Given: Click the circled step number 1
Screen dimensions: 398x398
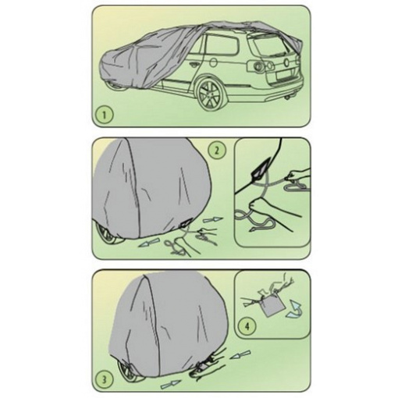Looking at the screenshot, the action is click(104, 115).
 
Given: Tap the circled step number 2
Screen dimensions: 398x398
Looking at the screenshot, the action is click(217, 150).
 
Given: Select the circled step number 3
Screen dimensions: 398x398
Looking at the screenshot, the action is click(104, 380).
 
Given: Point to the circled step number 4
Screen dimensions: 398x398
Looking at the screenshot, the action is click(247, 326).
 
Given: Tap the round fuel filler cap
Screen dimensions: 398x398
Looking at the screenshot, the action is click(212, 62).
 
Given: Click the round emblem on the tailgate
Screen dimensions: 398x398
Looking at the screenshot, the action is click(286, 62).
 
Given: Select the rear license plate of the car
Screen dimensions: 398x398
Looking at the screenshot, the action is click(284, 76).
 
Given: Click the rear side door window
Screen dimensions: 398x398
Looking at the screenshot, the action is click(222, 44).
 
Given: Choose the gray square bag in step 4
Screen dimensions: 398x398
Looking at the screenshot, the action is click(271, 307).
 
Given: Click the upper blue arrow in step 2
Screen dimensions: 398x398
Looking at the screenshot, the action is click(213, 220).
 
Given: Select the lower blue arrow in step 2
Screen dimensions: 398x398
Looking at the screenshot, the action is click(148, 243).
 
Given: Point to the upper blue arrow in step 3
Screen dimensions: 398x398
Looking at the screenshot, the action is click(241, 355).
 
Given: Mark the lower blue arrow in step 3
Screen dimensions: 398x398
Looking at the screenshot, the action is click(171, 384).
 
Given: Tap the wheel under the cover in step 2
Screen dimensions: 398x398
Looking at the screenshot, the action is click(108, 234).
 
